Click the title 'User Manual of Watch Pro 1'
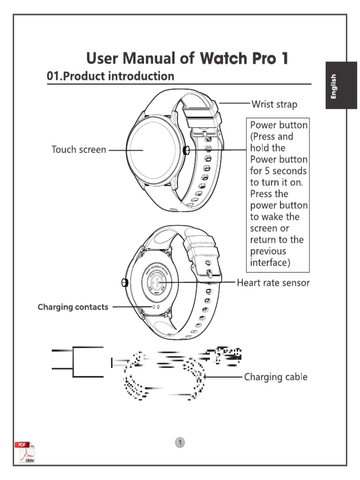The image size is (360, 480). [187, 59]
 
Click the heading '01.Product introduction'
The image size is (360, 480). [111, 76]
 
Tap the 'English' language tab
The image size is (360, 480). [334, 86]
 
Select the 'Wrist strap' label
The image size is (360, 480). [274, 104]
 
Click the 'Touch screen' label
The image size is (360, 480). [78, 150]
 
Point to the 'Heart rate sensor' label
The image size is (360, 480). [273, 283]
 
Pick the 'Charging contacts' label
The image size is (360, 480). [73, 307]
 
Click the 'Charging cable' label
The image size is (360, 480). [276, 377]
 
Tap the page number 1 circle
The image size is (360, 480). [180, 442]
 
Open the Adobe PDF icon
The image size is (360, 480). [26, 452]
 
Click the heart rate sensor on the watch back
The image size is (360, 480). [158, 283]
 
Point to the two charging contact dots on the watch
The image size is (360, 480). [156, 306]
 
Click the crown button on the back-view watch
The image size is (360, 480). [124, 283]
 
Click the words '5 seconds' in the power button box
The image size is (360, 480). [278, 171]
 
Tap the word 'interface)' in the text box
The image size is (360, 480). [270, 262]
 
